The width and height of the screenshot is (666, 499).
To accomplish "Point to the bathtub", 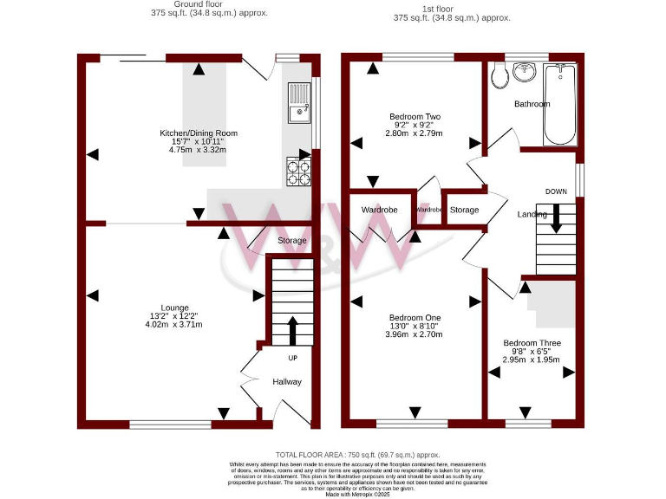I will pyautogui.click(x=558, y=106).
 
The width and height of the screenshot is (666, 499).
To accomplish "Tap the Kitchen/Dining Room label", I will pyautogui.click(x=198, y=133).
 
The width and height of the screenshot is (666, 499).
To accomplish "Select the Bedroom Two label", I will pyautogui.click(x=414, y=116).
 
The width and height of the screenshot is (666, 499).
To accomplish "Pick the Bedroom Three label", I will pyautogui.click(x=532, y=343).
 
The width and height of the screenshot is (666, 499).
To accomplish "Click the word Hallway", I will pyautogui.click(x=287, y=381).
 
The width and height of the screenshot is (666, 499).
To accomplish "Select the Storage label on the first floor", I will pyautogui.click(x=464, y=210).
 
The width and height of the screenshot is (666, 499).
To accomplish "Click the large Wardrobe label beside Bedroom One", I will pyautogui.click(x=379, y=210).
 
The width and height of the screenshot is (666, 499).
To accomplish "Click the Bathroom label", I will pyautogui.click(x=532, y=104).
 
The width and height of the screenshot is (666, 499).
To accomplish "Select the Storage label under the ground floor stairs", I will pyautogui.click(x=292, y=241).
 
